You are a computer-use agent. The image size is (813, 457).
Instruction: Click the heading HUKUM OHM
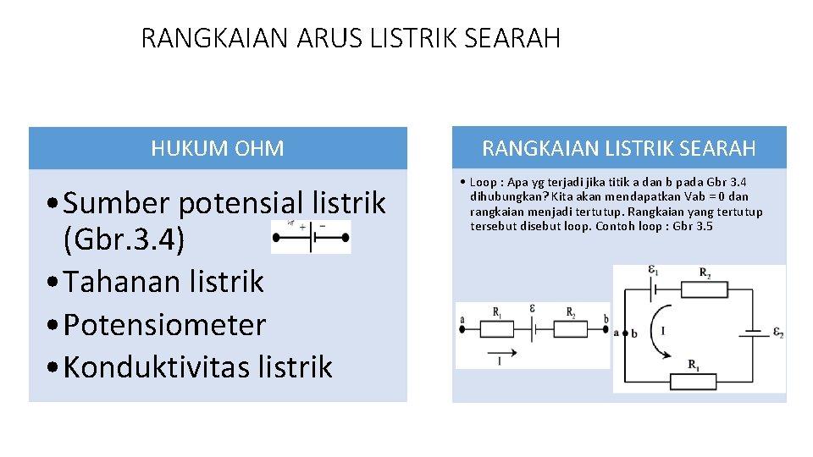point(218,149)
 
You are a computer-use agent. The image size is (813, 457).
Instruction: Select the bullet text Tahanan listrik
point(163,281)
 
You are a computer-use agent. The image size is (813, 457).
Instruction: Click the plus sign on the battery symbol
point(303,227)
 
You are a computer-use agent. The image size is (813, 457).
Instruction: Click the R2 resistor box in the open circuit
point(571,322)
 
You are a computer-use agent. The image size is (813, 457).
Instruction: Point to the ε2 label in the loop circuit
point(777,333)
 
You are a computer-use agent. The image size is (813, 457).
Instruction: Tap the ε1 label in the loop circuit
point(653,272)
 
